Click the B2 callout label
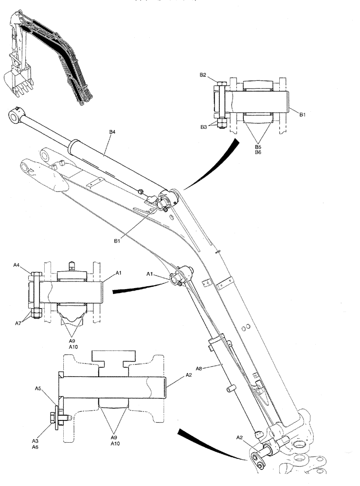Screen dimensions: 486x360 click(x=203, y=75)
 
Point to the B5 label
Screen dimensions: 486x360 click(x=258, y=145)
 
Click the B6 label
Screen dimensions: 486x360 click(x=258, y=152)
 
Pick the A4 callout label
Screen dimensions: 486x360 click(x=30, y=265)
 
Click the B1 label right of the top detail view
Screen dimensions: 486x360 click(x=302, y=114)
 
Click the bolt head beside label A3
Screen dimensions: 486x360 click(x=52, y=417)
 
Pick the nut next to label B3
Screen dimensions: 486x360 click(x=221, y=124)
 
